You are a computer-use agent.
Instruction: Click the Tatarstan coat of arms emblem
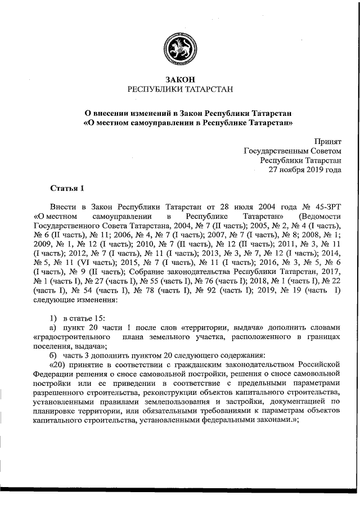180,51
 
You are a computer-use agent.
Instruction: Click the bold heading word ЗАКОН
180,80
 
